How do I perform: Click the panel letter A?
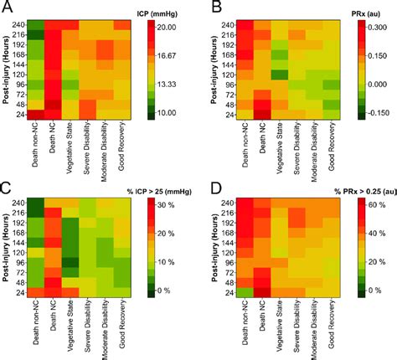[8, 8]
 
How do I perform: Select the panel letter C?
[8, 187]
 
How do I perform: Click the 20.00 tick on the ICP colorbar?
[173, 27]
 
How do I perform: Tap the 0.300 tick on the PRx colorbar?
[373, 27]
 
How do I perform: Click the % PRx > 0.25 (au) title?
[352, 190]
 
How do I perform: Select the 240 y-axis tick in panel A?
[18, 25]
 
